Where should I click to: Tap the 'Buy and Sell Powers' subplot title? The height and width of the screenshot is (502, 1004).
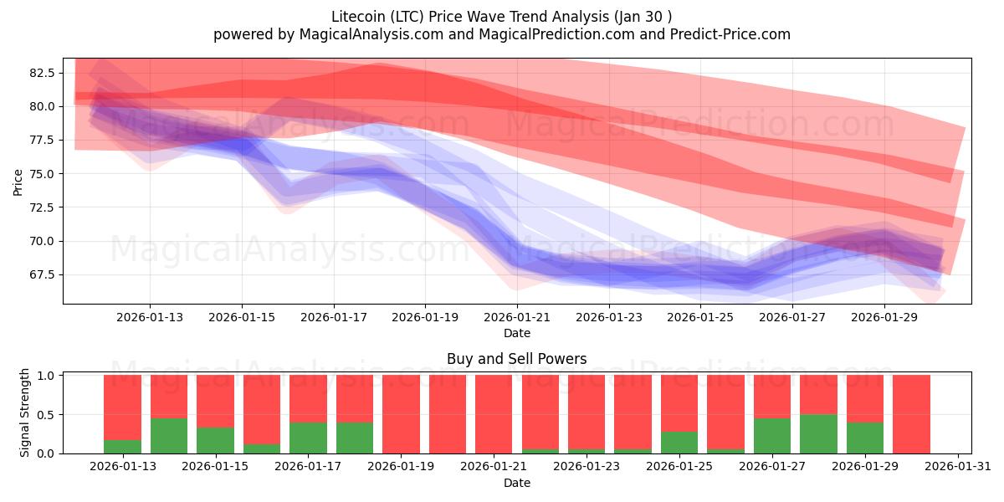click(516, 359)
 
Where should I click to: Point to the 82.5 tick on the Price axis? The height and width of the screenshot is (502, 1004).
click(42, 73)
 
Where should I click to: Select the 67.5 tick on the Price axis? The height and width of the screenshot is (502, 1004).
click(42, 274)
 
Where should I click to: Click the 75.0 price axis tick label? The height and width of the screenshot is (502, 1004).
click(42, 174)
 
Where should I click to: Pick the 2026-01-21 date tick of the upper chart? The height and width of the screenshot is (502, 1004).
click(517, 317)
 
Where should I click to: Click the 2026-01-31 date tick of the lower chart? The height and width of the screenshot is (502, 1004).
click(955, 467)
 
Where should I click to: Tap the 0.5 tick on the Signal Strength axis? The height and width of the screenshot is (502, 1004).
click(47, 415)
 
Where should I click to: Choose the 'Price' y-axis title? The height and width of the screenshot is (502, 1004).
click(18, 181)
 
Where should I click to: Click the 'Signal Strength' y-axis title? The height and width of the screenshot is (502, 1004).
click(25, 412)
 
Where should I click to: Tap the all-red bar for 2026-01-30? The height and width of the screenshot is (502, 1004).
click(911, 414)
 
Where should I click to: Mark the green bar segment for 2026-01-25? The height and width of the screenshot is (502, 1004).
click(679, 443)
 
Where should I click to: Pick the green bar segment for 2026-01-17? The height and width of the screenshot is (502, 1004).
click(308, 438)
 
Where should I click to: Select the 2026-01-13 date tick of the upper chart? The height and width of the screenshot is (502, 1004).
click(150, 317)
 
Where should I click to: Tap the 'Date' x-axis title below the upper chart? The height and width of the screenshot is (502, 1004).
click(516, 333)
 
